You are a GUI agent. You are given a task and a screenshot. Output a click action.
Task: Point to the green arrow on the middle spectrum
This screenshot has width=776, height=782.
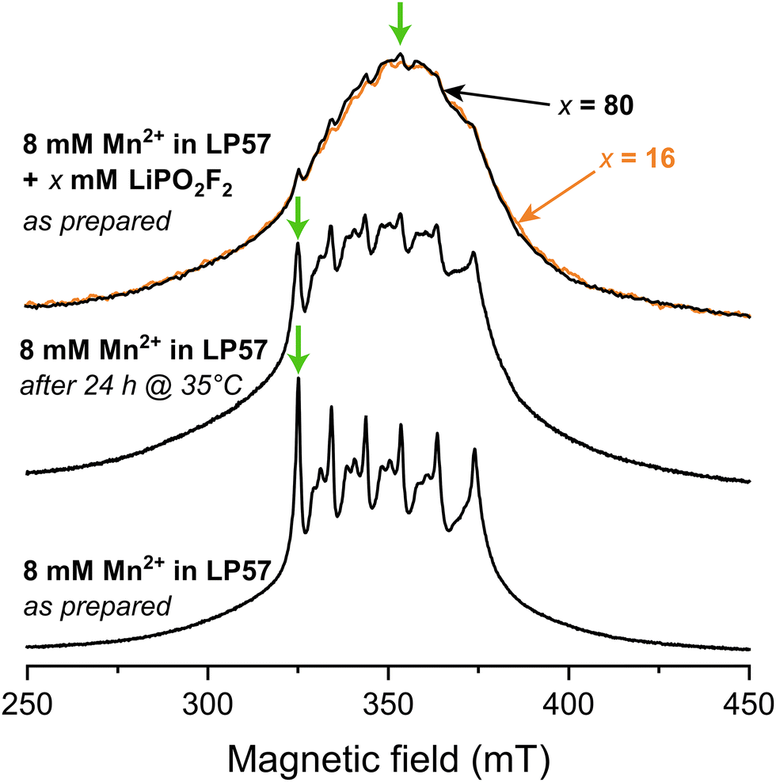(297, 218)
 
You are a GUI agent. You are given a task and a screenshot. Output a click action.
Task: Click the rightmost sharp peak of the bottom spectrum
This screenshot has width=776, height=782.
(474, 451)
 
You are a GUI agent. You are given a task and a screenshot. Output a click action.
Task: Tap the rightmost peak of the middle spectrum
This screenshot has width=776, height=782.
(474, 254)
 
